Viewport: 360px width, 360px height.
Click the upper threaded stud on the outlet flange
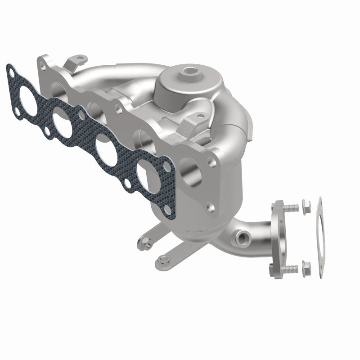(292, 208)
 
